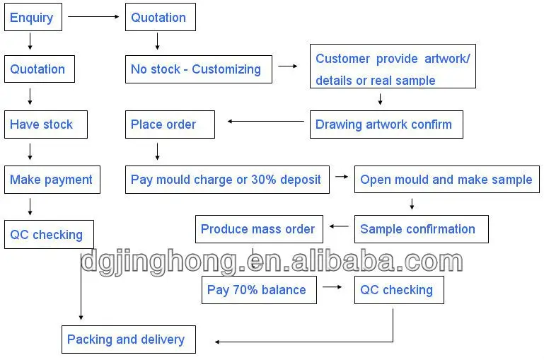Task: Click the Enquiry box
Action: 33,17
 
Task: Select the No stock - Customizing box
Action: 199,69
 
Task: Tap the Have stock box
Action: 46,124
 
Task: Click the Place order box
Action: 170,124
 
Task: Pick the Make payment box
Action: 52,180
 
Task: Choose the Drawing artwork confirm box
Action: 386,124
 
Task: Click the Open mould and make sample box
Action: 447,180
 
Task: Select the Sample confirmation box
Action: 422,229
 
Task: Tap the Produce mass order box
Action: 259,229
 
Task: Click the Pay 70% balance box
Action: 259,290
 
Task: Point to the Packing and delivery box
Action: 129,339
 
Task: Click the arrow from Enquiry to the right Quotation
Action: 93,16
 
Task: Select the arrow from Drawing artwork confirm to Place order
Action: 266,122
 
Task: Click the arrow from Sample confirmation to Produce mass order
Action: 339,226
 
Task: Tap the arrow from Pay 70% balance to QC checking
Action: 332,287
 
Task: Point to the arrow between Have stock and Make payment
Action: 30,151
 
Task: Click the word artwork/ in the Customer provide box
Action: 447,59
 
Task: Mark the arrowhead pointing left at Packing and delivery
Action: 217,342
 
